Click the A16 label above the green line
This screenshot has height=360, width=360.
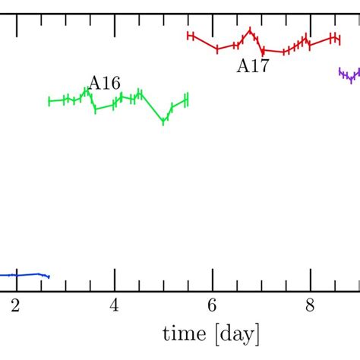point(104,83)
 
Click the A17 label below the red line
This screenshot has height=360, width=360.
point(252,66)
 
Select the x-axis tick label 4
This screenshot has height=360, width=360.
point(115,306)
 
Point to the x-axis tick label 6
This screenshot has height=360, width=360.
point(212,306)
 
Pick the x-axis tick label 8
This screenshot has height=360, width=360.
point(310,306)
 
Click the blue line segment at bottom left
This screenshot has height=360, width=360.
point(23,275)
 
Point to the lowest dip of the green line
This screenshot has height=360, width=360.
point(164,122)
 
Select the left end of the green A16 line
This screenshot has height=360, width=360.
point(49,100)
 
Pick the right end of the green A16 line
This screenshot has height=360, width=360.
point(186,99)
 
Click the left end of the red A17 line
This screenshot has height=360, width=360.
point(189,35)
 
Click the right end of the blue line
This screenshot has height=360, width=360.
point(49,276)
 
